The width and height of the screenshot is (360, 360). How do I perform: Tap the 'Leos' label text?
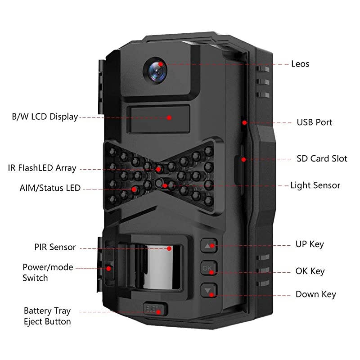pyautogui.click(x=300, y=64)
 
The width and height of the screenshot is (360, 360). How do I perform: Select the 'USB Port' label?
pyautogui.click(x=314, y=122)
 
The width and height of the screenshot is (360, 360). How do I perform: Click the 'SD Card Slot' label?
pyautogui.click(x=322, y=158)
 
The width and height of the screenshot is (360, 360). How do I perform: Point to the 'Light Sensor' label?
pyautogui.click(x=315, y=185)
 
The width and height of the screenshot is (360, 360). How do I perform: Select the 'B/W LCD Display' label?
pyautogui.click(x=45, y=117)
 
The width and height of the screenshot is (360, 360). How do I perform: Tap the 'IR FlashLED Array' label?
pyautogui.click(x=42, y=168)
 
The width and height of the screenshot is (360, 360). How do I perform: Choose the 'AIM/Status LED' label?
pyautogui.click(x=50, y=188)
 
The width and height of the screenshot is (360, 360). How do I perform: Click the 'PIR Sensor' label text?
pyautogui.click(x=55, y=247)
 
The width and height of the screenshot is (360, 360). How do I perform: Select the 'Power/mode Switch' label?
pyautogui.click(x=48, y=272)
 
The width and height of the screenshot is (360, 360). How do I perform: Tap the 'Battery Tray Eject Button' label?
pyautogui.click(x=47, y=316)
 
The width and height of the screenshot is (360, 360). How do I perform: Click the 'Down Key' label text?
pyautogui.click(x=315, y=294)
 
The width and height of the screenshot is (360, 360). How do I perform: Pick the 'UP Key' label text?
pyautogui.click(x=310, y=244)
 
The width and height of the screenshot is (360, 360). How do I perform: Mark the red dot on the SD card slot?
pyautogui.click(x=243, y=159)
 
